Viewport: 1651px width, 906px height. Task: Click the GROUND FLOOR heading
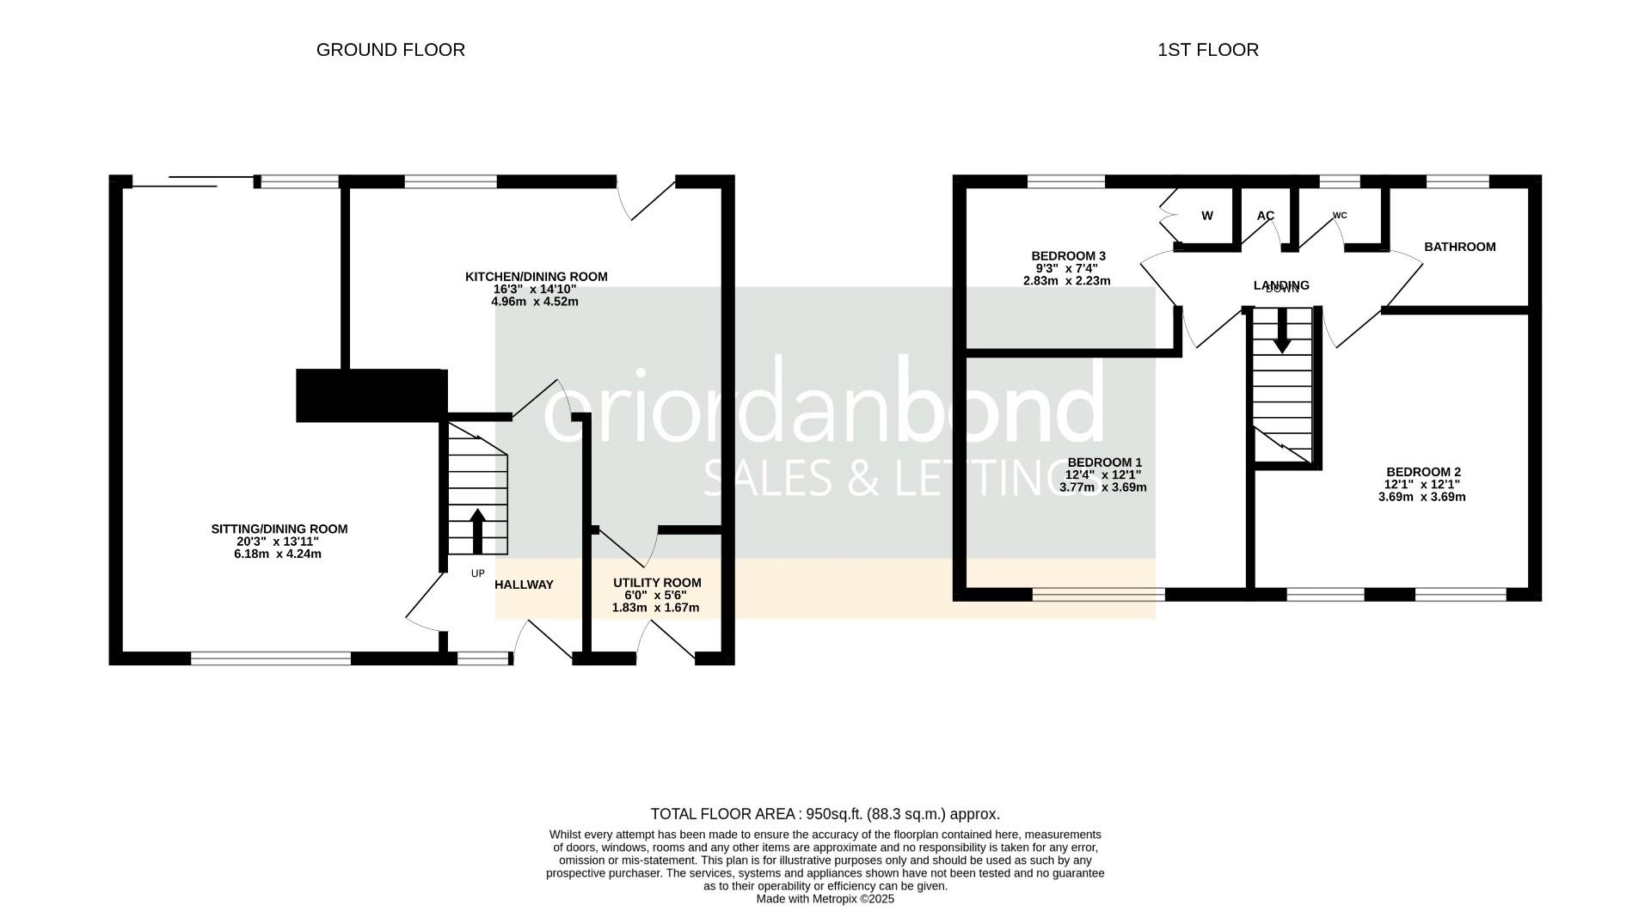pos(390,50)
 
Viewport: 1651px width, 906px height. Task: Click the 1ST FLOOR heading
pos(1207,50)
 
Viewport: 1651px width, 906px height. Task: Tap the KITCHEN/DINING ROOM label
pos(536,277)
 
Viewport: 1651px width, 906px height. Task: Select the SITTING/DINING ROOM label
pos(279,529)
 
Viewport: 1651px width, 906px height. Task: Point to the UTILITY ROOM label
pos(656,583)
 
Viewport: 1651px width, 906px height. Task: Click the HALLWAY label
pos(525,585)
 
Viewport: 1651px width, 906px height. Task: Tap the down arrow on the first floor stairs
pos(1281,331)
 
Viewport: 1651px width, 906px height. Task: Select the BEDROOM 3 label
pos(1068,256)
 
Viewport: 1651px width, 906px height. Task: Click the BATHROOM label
pos(1459,247)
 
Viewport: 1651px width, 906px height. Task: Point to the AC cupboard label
pos(1265,216)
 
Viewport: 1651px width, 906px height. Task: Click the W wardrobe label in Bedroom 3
pos(1207,216)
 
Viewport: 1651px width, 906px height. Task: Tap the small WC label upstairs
pos(1340,216)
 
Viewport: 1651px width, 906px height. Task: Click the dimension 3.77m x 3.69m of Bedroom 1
pos(1102,487)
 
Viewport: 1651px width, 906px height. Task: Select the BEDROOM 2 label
pos(1423,472)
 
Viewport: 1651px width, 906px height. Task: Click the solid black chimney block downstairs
pos(371,395)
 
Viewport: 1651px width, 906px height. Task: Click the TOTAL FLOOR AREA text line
pos(825,814)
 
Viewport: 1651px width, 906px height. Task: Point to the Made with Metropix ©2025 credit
pos(825,899)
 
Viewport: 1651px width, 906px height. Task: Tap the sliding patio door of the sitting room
pos(193,181)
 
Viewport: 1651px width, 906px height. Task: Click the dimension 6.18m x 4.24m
pos(278,554)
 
